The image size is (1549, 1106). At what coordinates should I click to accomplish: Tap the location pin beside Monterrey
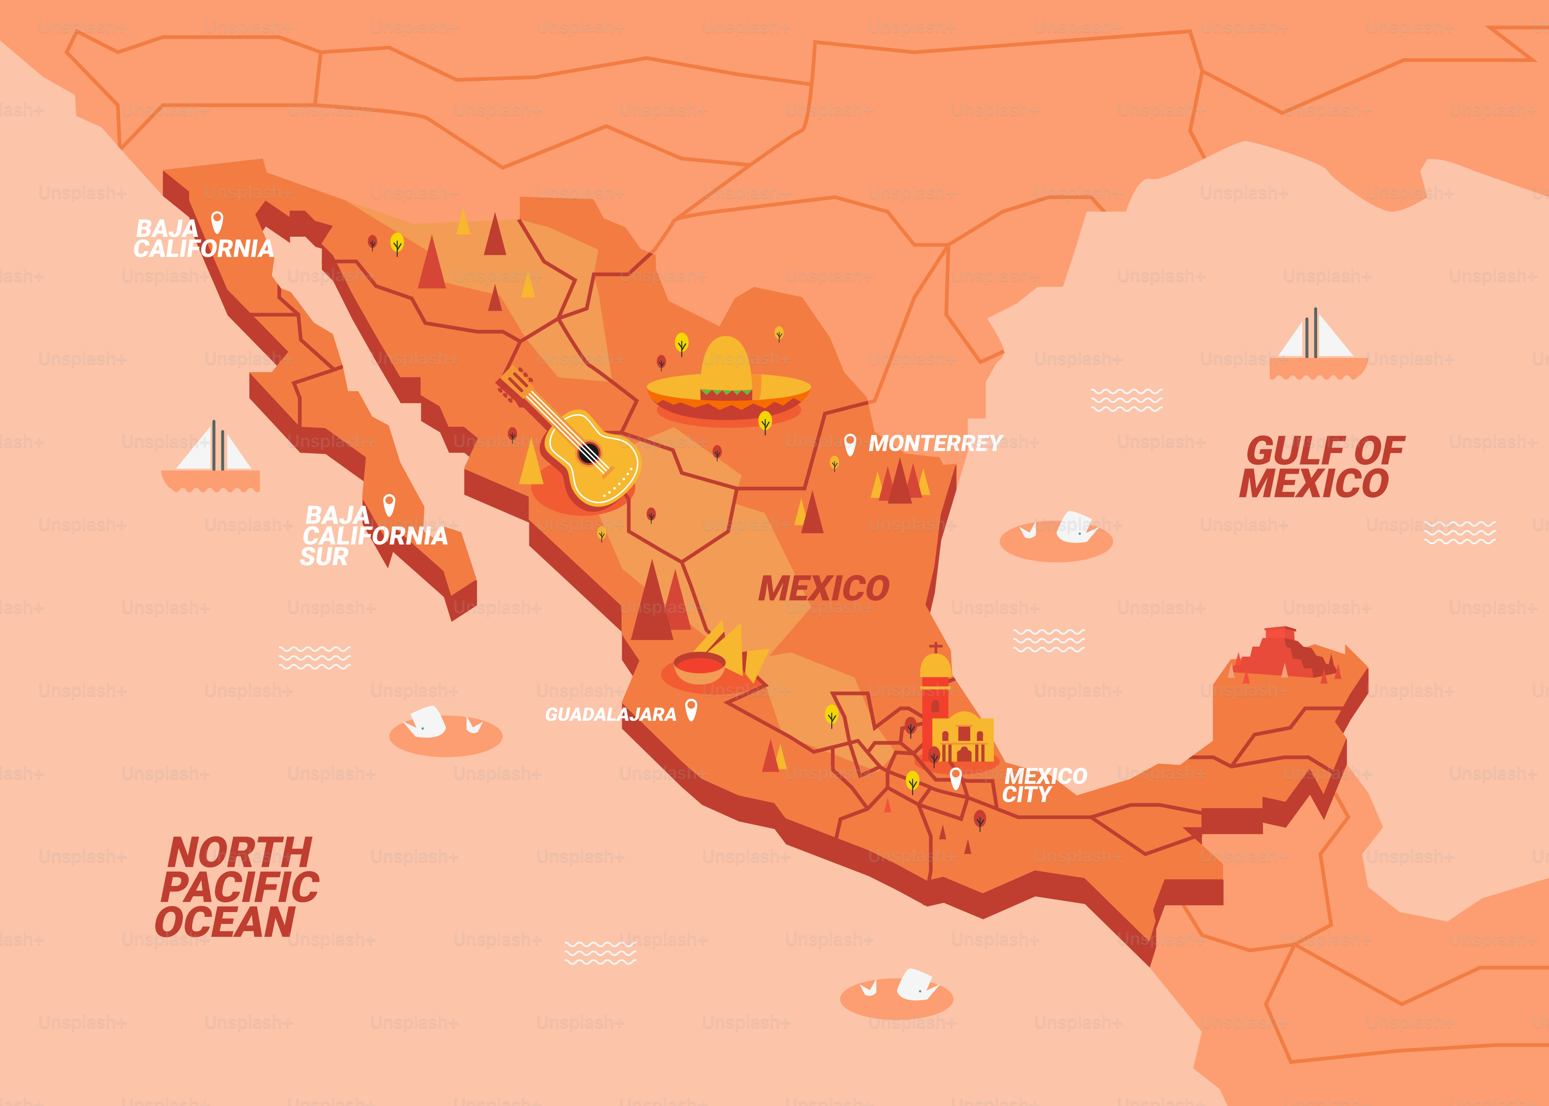(x=849, y=444)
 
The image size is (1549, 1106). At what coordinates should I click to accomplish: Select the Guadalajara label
(x=610, y=714)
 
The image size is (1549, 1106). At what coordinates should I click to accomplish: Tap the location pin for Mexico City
(x=956, y=777)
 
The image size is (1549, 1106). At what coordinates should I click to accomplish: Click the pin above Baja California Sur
(x=389, y=505)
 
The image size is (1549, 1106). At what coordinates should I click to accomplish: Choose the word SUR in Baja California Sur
(x=324, y=557)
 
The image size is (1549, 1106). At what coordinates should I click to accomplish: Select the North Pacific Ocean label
(x=238, y=887)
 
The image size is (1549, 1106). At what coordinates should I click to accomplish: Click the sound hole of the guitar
(x=589, y=452)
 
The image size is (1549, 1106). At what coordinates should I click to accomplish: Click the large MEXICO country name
(x=824, y=588)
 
